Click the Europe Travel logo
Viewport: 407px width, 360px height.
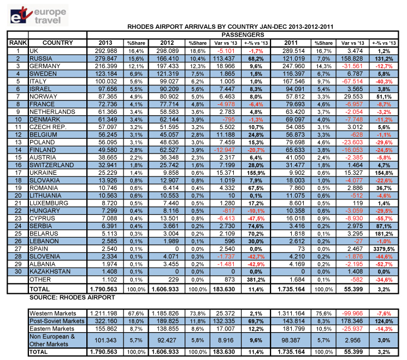[x=38, y=15]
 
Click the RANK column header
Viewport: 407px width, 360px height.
[x=18, y=43]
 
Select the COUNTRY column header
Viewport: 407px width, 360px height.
[x=57, y=43]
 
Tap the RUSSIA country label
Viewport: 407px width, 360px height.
[x=41, y=58]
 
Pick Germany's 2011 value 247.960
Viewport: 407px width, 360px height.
[x=293, y=66]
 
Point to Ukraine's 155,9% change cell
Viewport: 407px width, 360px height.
[x=256, y=173]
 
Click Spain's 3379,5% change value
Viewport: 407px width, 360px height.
[x=384, y=249]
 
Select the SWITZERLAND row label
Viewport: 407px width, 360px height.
[x=52, y=165]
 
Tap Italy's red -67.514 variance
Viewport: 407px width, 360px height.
[x=352, y=81]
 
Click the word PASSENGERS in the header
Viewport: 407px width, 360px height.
[x=243, y=35]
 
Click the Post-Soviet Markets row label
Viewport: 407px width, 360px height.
[x=57, y=321]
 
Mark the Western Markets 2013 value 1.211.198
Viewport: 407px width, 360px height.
[x=104, y=314]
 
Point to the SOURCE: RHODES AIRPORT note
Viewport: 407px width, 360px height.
[x=72, y=297]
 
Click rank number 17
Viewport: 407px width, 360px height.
[x=18, y=173]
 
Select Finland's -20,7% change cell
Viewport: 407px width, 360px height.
[x=256, y=150]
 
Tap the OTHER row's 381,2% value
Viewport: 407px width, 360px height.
[x=256, y=280]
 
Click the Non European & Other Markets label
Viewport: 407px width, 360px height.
[x=52, y=340]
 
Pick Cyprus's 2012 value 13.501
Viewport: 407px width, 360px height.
[x=169, y=219]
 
